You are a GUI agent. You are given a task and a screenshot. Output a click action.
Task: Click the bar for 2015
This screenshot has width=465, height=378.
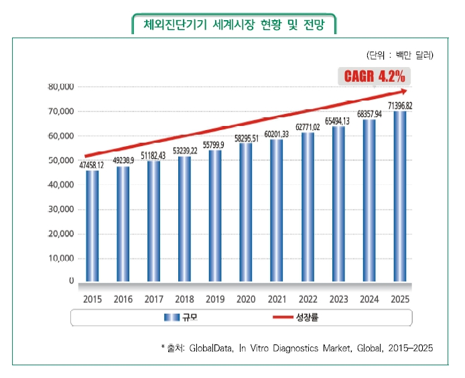pos(91,227)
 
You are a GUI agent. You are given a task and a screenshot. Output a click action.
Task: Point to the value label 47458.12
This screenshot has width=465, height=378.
pos(91,165)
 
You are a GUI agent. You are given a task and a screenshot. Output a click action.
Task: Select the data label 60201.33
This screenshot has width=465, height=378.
pos(277,134)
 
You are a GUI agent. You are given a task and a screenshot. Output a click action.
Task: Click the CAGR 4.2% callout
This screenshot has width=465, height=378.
pos(371,76)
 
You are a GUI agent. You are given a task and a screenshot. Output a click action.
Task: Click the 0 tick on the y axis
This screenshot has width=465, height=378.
pos(70,281)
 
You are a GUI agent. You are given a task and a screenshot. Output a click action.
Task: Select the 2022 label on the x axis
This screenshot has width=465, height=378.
pos(308,300)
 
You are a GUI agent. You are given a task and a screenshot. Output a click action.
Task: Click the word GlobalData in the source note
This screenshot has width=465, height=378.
pos(214,348)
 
